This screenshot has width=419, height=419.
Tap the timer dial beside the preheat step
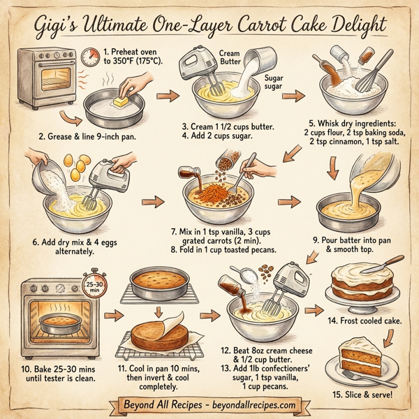pyautogui.click(x=89, y=56)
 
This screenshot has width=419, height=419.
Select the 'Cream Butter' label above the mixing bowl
pyautogui.click(x=228, y=57)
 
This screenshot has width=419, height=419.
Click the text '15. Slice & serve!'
pyautogui.click(x=363, y=395)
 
